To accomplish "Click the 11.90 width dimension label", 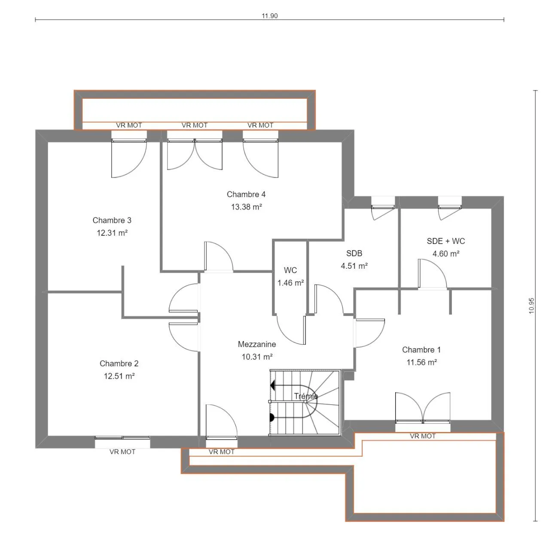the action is point(269,16).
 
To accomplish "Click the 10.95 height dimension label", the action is point(531,306).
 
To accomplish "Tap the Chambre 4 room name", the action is point(246,195).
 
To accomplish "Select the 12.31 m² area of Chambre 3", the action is point(112,233).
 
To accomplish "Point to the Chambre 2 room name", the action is point(119,363).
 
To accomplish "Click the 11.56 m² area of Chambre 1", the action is point(422,362).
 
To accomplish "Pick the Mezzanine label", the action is point(257,344).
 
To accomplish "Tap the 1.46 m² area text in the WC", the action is point(291,283).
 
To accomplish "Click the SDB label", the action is point(354,253).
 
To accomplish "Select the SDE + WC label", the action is point(446,241).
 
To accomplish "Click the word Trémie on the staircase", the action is point(306,396).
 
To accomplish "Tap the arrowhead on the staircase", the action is point(273,386).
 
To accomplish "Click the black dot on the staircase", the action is point(272,418).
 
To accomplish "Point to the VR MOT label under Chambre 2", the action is point(122,452).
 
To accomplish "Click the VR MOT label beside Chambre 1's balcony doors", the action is point(423,436).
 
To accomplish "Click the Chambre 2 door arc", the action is point(178,342).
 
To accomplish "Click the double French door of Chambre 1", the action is point(423,408).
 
